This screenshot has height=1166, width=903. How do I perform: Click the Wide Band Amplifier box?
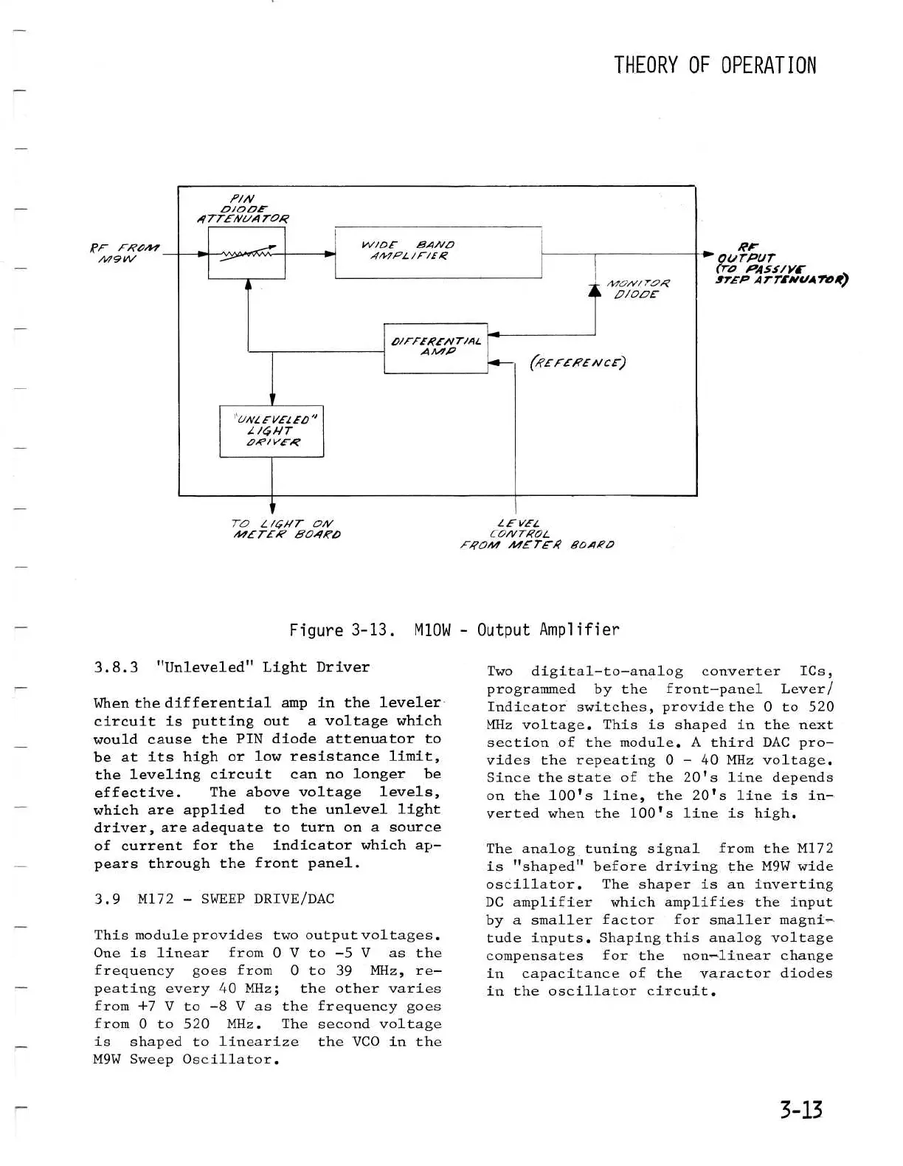coord(438,252)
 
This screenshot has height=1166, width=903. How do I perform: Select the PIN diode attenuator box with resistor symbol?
coord(246,253)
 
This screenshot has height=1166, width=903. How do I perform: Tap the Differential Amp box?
coord(436,348)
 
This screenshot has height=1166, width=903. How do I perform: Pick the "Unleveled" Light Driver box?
coord(271,431)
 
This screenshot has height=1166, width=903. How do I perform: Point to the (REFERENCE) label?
coord(578,362)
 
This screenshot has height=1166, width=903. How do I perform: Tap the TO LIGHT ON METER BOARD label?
coord(286,528)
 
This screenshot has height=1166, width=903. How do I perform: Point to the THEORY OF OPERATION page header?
coord(715,65)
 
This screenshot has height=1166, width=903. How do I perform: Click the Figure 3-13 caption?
coord(454,629)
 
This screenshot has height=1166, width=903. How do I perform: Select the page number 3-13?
coord(801,1109)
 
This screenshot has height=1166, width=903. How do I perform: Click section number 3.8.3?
coord(116,667)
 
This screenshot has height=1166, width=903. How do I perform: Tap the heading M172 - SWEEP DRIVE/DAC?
coord(235,899)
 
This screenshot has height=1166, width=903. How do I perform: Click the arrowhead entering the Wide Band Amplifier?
coord(331,253)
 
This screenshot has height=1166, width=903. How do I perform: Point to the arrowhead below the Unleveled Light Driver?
coord(272,508)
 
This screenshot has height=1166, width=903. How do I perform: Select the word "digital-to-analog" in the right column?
coord(607,672)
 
